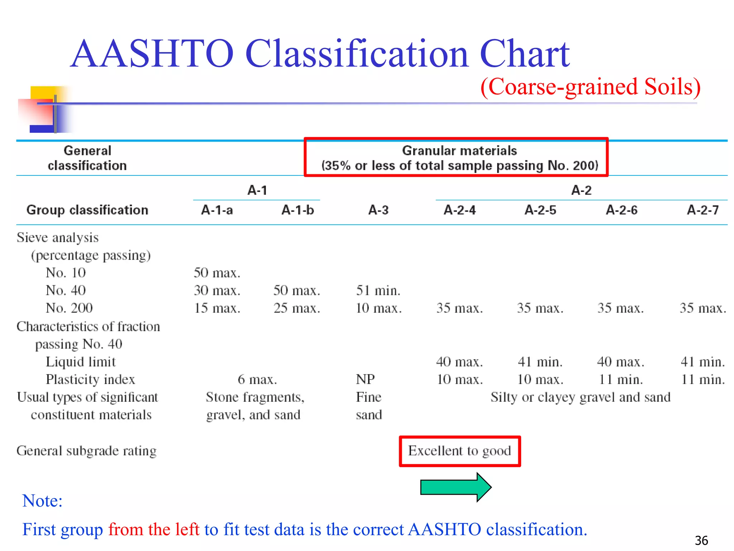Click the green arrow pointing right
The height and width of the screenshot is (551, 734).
455,487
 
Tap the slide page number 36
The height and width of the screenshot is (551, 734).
701,540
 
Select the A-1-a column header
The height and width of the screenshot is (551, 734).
217,210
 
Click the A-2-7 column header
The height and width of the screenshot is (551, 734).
702,210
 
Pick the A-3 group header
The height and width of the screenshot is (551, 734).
378,210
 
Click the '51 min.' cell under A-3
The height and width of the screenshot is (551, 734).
378,290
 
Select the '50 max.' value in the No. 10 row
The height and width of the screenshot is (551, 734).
217,273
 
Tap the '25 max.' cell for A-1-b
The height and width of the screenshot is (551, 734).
297,308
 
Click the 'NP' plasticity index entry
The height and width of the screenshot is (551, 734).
365,379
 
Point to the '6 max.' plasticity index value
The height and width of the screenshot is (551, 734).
257,379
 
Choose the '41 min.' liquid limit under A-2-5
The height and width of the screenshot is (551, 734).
540,362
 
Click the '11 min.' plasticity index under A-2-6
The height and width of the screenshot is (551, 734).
620,379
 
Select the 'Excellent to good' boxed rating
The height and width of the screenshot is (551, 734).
459,451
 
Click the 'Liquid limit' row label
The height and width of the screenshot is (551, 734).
81,362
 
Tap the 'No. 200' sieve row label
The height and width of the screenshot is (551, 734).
69,308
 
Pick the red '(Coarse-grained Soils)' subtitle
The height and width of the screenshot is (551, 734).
590,87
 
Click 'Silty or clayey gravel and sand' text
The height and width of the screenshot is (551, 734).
580,397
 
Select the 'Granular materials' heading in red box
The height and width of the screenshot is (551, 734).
459,151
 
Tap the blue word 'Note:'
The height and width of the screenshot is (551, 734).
42,500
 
